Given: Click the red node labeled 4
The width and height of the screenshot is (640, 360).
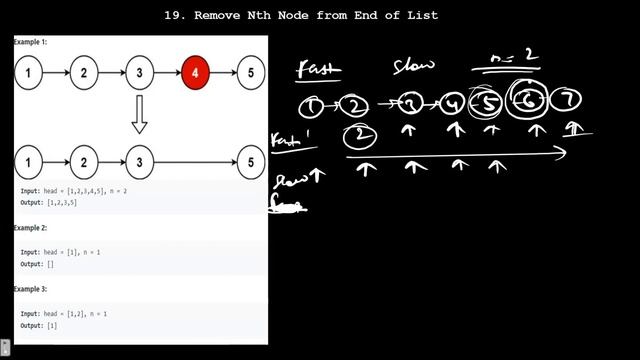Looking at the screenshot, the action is pos(195,73).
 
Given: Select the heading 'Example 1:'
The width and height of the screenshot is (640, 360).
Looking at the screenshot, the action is pos(30,42).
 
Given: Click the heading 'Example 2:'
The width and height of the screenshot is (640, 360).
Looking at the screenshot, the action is pos(30,228).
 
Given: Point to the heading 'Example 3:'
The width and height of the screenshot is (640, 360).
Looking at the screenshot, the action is pos(30,288).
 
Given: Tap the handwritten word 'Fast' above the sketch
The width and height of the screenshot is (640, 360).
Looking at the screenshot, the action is pos(319,70).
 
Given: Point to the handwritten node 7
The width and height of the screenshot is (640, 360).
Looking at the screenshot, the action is pos(569,100).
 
